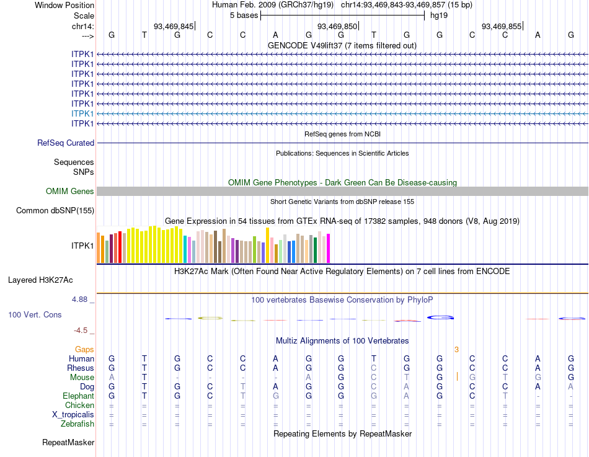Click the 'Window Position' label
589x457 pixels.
(x=64, y=5)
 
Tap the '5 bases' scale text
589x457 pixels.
(x=244, y=15)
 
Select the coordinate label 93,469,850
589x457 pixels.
(x=337, y=26)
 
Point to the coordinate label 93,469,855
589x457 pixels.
(x=502, y=26)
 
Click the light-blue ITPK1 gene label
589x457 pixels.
(x=83, y=113)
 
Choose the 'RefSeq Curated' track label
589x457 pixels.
(x=66, y=143)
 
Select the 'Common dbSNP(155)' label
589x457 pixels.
(x=55, y=211)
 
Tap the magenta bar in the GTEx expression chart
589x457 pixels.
(x=328, y=248)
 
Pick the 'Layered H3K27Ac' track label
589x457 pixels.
(x=51, y=280)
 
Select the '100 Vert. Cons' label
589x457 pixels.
(x=35, y=315)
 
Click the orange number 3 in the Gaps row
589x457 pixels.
(x=456, y=350)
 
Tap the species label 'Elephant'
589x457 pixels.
(x=78, y=396)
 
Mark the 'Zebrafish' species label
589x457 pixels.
(x=77, y=424)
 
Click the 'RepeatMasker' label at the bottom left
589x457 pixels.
(x=68, y=443)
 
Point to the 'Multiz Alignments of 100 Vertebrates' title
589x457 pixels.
(x=342, y=341)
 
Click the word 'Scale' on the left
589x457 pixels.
(x=84, y=15)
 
